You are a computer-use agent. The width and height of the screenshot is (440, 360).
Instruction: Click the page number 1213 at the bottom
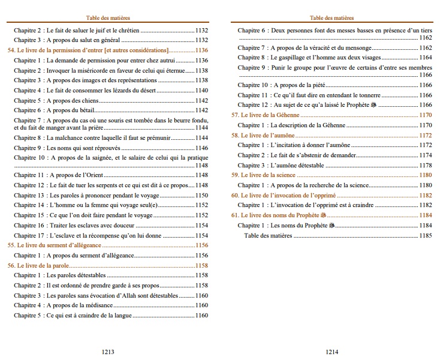point(109,352)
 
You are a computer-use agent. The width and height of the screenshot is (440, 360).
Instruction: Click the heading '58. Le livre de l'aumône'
point(266,135)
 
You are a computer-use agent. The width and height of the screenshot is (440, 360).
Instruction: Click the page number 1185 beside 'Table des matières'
point(425,236)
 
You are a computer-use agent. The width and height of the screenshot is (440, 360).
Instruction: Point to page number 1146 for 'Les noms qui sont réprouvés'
point(201,148)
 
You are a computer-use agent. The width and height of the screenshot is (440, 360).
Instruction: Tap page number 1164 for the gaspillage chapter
point(425,58)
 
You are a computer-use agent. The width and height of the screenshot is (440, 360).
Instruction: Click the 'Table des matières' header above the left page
point(109,18)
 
